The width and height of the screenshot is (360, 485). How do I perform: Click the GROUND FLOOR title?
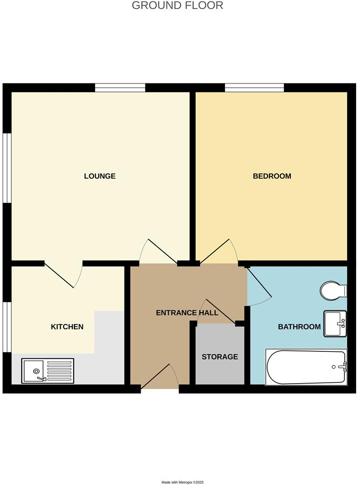pyautogui.click(x=177, y=6)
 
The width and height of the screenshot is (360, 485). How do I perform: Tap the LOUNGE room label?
pyautogui.click(x=99, y=176)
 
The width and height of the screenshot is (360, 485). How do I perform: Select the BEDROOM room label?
pyautogui.click(x=272, y=176)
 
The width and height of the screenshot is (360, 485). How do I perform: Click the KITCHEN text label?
pyautogui.click(x=67, y=327)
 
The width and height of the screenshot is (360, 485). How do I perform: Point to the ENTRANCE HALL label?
pyautogui.click(x=187, y=313)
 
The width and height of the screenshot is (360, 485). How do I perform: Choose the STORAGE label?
pyautogui.click(x=220, y=357)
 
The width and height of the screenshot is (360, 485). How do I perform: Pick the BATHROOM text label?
pyautogui.click(x=299, y=327)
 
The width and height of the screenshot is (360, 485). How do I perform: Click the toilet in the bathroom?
pyautogui.click(x=333, y=290)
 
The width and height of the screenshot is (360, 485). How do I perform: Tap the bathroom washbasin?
pyautogui.click(x=335, y=323)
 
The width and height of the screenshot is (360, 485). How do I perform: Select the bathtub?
pyautogui.click(x=306, y=367)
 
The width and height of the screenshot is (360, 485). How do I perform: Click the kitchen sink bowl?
pyautogui.click(x=34, y=371)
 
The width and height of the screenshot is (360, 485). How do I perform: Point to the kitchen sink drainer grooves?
pyautogui.click(x=59, y=371)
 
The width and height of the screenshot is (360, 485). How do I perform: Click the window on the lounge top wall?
pyautogui.click(x=120, y=88)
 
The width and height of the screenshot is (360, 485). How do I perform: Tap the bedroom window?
pyautogui.click(x=254, y=88)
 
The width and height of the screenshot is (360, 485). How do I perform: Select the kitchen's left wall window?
pyautogui.click(x=7, y=327)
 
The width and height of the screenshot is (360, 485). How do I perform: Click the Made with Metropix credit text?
pyautogui.click(x=182, y=482)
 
